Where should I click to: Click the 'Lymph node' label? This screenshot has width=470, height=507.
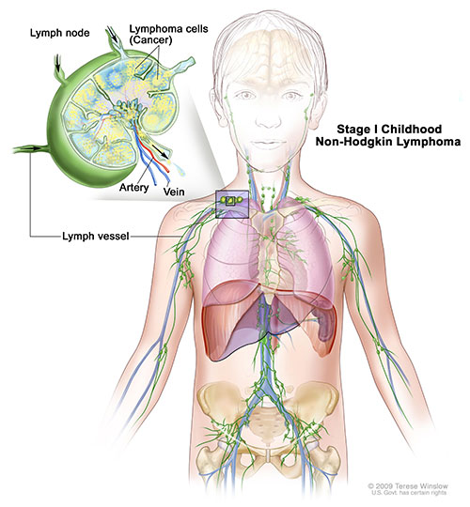tap(60, 33)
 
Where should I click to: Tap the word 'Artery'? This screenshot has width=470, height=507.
tap(133, 188)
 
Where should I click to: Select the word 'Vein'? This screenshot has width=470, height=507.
tap(174, 192)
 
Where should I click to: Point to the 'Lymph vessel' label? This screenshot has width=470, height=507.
tap(96, 237)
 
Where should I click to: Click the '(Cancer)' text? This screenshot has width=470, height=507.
tap(150, 40)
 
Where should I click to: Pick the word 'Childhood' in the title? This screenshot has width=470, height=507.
tap(412, 130)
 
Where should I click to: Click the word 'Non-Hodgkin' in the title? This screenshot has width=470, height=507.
tap(354, 142)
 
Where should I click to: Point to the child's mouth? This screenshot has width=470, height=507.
tap(267, 143)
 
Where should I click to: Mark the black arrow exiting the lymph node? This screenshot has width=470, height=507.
tap(160, 150)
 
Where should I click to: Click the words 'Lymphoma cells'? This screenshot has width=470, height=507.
tap(168, 29)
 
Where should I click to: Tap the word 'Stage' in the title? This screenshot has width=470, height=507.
tap(350, 130)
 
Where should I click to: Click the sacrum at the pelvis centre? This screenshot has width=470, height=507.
tap(268, 424)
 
